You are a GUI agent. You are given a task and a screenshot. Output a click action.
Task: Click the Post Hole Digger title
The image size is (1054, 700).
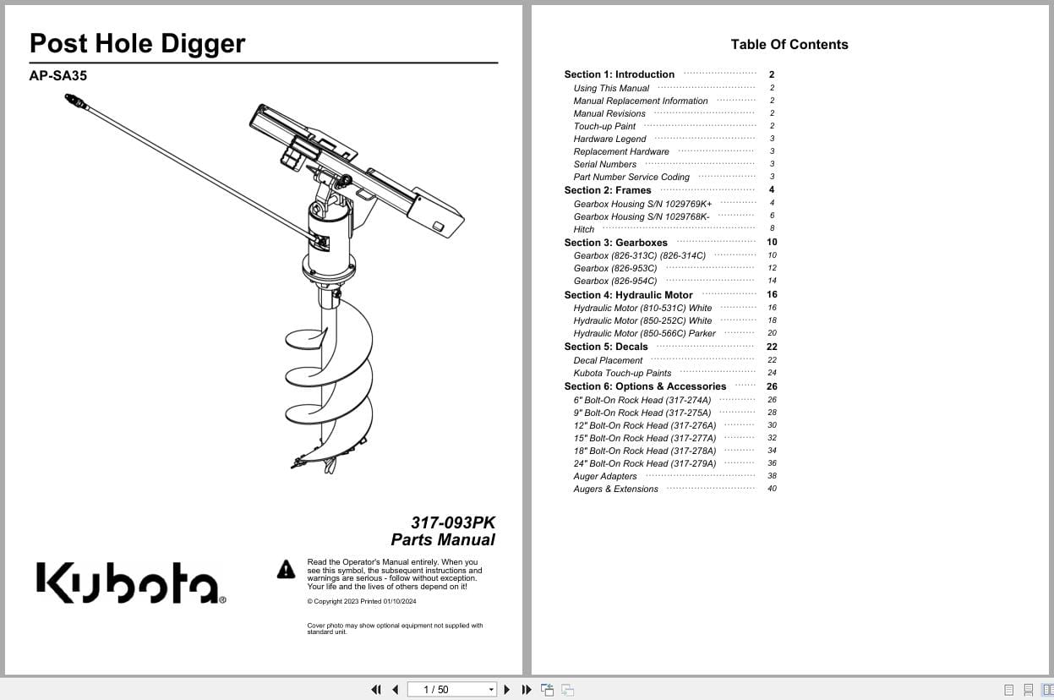pos(137,44)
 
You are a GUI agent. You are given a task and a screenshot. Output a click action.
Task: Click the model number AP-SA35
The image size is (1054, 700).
pos(58,75)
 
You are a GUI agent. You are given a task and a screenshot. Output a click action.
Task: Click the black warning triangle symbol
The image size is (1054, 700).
pos(287,570)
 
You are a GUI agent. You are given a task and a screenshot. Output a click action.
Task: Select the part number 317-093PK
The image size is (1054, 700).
pos(453,522)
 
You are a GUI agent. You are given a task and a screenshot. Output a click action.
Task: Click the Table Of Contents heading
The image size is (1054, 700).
pos(789,45)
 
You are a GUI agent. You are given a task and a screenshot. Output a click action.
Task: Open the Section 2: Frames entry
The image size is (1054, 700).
pos(608,190)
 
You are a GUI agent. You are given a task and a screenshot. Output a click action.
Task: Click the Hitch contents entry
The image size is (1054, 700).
pos(583,229)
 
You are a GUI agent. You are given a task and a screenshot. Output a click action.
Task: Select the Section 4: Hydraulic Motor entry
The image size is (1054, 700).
pos(628,295)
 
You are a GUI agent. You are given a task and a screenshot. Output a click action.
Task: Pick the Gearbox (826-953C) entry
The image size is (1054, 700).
pos(614,268)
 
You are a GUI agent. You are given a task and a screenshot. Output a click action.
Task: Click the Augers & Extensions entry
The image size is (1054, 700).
pos(615,489)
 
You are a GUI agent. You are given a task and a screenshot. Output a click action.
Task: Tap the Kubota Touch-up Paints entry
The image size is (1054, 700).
pos(622,373)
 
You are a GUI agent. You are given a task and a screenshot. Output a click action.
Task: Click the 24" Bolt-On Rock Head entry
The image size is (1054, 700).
pos(644,463)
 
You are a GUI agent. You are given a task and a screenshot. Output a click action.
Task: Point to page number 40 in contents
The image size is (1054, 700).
pos(772,489)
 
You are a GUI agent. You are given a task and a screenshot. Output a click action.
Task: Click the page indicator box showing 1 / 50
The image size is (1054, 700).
pos(451,690)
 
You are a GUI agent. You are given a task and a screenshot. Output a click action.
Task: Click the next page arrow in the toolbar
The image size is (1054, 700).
pos(507,690)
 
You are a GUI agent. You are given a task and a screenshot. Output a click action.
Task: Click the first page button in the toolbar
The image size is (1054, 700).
pos(375,690)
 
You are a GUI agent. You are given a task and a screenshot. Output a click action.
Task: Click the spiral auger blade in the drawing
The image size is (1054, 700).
pos(329,372)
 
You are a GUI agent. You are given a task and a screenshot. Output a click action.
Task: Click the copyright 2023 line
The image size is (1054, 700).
pos(361,602)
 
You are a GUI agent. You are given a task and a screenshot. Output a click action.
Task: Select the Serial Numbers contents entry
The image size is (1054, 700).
pos(604,164)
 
